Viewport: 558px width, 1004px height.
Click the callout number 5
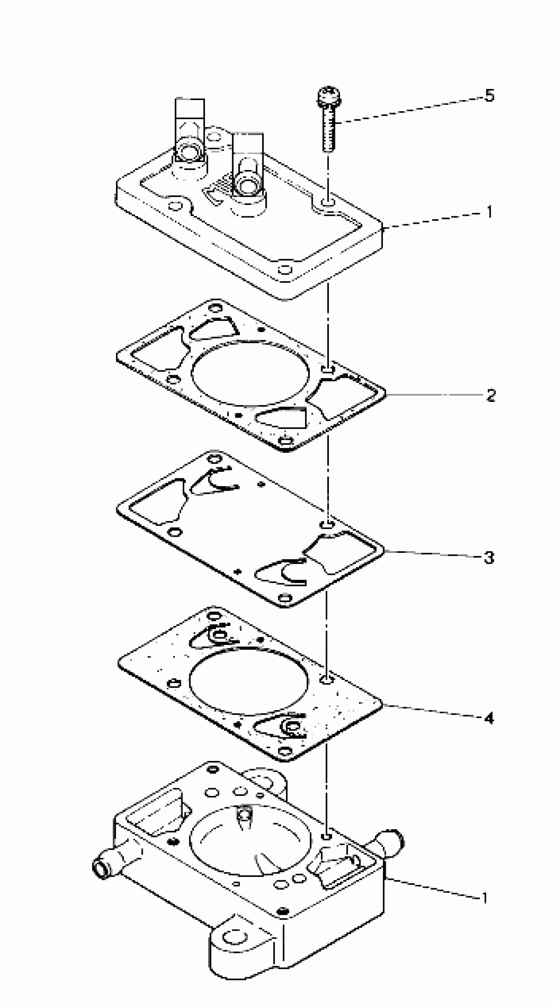pyautogui.click(x=489, y=95)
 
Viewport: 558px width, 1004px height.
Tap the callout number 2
pyautogui.click(x=490, y=396)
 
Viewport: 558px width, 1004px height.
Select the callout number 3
pyautogui.click(x=489, y=557)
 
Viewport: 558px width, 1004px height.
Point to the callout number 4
pyautogui.click(x=489, y=718)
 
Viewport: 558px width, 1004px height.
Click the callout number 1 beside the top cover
pyautogui.click(x=489, y=212)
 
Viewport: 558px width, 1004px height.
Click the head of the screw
pyautogui.click(x=329, y=97)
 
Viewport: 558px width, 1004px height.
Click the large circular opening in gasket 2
pyautogui.click(x=250, y=373)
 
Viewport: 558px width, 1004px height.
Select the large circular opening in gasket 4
pyautogui.click(x=248, y=680)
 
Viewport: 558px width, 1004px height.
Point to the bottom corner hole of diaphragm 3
pyautogui.click(x=286, y=597)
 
